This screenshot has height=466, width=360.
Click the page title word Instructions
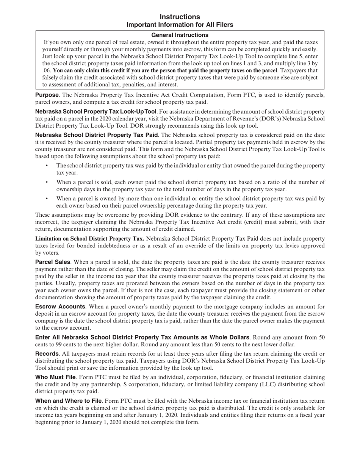180,17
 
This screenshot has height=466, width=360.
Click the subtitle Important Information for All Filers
180,25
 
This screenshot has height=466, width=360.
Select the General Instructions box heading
180,35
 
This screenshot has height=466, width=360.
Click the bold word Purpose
47,95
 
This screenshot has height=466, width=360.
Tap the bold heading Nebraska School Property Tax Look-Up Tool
95,111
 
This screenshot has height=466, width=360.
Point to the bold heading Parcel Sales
52,262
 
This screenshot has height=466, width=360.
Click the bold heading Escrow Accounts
60,306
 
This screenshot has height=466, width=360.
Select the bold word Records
47,354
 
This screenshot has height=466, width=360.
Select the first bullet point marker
47,166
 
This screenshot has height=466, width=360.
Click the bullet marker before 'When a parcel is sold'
47,182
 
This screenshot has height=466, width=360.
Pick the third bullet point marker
47,199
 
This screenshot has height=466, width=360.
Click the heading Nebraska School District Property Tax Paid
96,135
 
